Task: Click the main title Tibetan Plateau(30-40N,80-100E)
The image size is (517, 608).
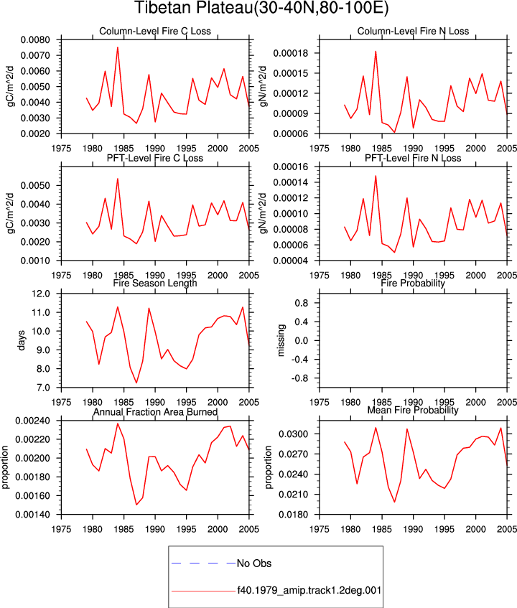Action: coord(261,9)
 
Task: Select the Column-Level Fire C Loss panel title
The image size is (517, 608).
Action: coord(155,31)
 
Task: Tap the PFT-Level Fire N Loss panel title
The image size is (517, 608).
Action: coord(413,158)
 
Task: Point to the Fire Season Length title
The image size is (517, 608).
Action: coord(155,283)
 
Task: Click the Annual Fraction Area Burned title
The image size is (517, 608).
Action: coord(155,412)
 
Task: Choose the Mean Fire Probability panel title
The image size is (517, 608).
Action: coord(413,410)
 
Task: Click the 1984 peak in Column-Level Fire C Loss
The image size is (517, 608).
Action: coord(118,47)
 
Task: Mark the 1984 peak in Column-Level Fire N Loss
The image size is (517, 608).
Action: coord(376,51)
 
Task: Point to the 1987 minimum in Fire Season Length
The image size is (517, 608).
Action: coord(136,383)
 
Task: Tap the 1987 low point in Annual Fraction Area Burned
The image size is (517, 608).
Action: coord(136,505)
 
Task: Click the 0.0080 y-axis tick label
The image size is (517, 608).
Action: coord(35,40)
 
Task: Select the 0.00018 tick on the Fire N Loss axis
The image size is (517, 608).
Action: coord(291,53)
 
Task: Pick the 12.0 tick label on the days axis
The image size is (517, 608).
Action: coord(41,294)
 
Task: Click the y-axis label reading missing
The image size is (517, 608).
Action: coord(281,340)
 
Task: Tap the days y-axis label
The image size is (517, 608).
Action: coord(22,340)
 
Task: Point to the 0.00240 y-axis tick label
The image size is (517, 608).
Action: coord(33,421)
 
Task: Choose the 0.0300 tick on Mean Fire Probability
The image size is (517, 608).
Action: coord(294,434)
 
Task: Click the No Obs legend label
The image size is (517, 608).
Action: coord(254,563)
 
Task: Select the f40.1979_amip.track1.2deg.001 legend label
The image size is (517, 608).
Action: coord(309,591)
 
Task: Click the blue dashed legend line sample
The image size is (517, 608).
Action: coord(203,563)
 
